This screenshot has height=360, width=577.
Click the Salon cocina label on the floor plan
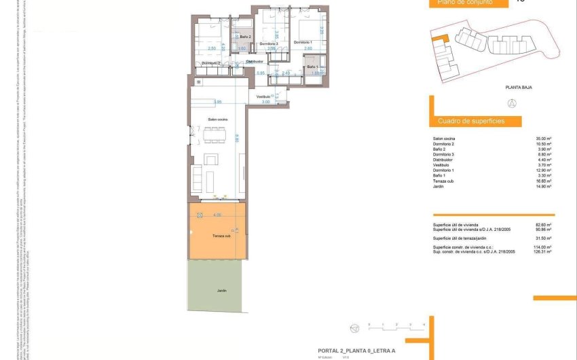(218, 119)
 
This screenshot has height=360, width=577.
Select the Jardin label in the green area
(221, 290)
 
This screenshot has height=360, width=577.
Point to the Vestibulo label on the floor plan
(265, 97)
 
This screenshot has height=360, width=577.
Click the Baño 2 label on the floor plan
(246, 37)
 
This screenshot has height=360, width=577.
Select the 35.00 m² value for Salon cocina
(544, 139)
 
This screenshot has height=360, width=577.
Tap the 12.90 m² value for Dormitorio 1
(544, 170)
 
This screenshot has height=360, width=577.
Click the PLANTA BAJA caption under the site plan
(517, 88)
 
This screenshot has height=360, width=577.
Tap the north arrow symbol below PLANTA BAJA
(513, 103)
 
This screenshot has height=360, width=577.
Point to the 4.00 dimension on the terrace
(217, 215)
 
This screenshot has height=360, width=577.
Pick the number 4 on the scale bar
(424, 325)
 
